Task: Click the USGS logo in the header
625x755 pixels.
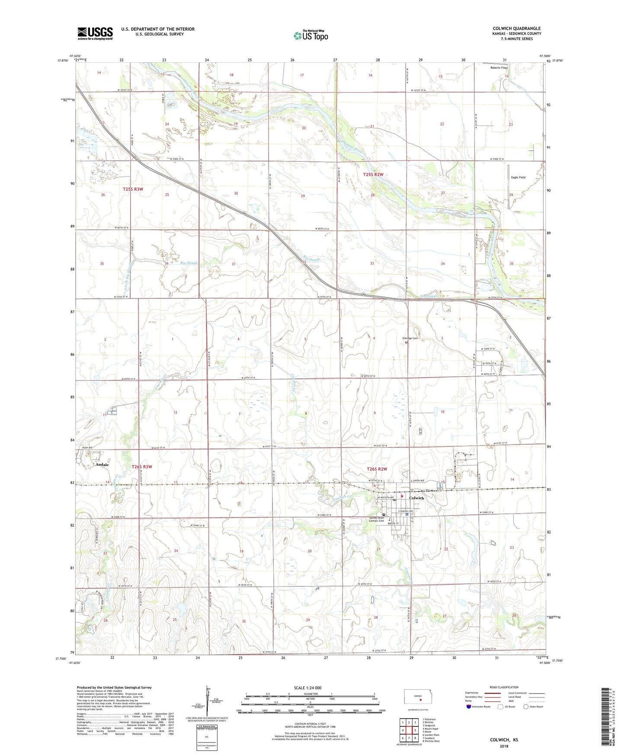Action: tap(95, 33)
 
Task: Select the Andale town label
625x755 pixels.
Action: tap(102, 464)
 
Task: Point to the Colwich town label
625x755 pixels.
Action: tap(417, 498)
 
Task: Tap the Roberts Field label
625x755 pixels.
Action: tap(498, 67)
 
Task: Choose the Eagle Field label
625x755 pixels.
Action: tap(518, 177)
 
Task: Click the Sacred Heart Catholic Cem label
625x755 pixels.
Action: tap(376, 519)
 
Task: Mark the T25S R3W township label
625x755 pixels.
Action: tap(133, 189)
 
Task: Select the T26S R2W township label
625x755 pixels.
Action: tap(376, 469)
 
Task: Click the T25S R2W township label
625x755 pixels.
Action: tap(373, 174)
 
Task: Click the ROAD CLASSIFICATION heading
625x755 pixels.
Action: tap(504, 687)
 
